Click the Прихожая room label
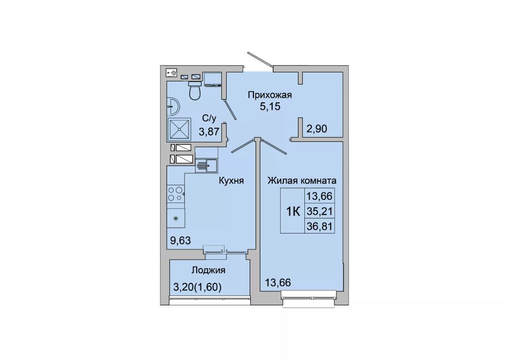[270, 95]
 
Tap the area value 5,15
[270, 106]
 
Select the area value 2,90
[317, 129]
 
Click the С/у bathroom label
[209, 119]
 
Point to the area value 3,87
[209, 132]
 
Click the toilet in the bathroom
[195, 90]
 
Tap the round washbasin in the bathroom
[173, 107]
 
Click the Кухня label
[231, 181]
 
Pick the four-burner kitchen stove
[176, 194]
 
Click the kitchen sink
[206, 166]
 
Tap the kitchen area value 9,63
[180, 241]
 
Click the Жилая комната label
[302, 181]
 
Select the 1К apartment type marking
[293, 212]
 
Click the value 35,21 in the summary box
[319, 212]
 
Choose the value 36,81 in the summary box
[319, 226]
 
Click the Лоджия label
[208, 270]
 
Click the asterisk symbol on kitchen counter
[176, 219]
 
